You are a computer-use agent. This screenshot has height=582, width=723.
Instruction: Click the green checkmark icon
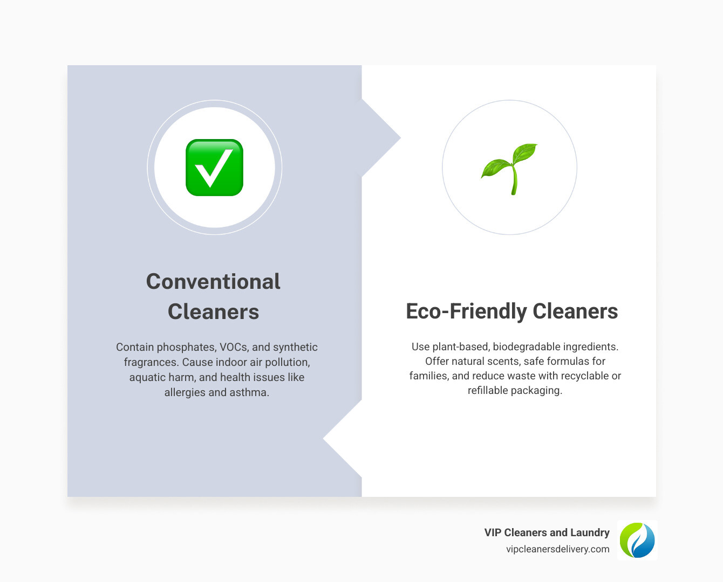click(214, 168)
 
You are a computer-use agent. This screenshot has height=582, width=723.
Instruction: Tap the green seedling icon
click(510, 168)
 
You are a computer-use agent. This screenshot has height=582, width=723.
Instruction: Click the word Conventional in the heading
click(213, 281)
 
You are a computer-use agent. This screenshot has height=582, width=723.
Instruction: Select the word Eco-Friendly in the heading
click(466, 311)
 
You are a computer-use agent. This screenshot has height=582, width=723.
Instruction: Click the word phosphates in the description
click(187, 347)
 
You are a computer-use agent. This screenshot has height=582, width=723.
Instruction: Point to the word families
click(428, 376)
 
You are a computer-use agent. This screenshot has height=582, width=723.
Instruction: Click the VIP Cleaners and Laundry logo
click(637, 540)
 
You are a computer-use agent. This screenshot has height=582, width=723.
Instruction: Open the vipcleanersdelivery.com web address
click(557, 549)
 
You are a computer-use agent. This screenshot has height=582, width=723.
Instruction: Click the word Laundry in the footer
click(590, 532)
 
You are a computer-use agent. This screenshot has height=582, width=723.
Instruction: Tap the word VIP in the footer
click(493, 532)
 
